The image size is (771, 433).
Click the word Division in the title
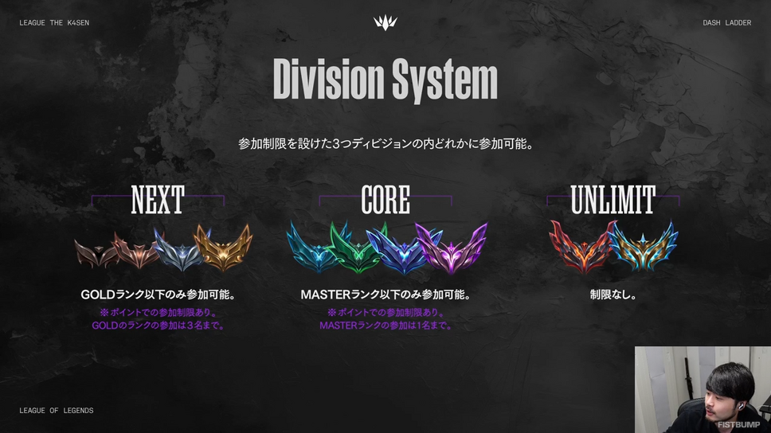tap(328, 79)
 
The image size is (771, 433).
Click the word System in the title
tap(445, 80)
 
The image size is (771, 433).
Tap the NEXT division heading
tap(158, 200)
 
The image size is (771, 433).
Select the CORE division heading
tap(385, 200)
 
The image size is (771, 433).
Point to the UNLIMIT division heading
tap(612, 200)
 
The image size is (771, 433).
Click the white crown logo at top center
tap(385, 22)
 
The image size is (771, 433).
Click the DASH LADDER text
tap(726, 22)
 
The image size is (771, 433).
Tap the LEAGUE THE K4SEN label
tap(54, 22)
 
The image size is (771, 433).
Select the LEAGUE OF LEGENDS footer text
tap(56, 411)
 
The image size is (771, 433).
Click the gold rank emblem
tap(223, 248)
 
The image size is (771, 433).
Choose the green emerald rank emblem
tap(357, 248)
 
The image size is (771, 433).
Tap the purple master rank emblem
tap(452, 248)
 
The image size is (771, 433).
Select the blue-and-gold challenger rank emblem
tap(643, 246)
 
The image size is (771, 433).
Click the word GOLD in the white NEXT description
tap(98, 295)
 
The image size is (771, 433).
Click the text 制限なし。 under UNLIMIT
tap(613, 295)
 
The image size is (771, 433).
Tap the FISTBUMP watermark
tap(738, 425)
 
